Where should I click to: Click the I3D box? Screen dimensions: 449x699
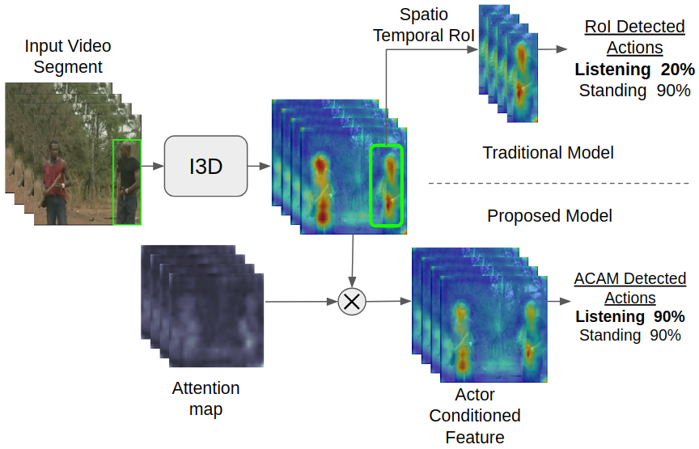click(205, 166)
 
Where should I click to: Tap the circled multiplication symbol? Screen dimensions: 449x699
click(352, 302)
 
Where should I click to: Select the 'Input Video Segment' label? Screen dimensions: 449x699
click(68, 57)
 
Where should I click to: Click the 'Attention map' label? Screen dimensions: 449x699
click(205, 399)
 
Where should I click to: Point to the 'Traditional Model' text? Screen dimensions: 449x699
click(548, 152)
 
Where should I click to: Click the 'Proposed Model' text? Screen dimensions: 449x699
click(549, 216)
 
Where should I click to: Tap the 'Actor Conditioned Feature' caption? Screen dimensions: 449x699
click(474, 416)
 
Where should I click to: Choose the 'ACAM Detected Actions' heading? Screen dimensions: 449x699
click(629, 288)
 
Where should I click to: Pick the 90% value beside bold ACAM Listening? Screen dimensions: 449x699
click(669, 316)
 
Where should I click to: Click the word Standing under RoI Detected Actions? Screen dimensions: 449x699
click(612, 91)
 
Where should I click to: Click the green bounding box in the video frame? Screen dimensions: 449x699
click(127, 182)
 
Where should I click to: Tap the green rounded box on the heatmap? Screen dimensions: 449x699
click(385, 185)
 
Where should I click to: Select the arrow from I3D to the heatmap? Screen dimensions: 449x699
click(259, 167)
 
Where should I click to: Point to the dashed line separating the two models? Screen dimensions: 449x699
click(550, 184)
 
